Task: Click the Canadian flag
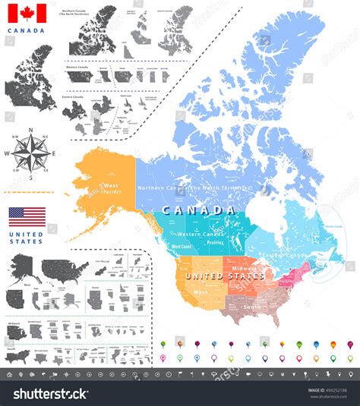coord(27,14)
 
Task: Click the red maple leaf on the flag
coord(27,14)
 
